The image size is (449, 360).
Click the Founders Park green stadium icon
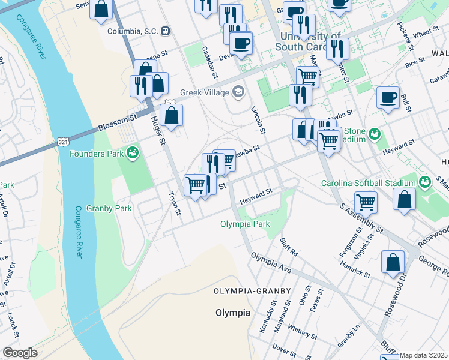[133, 154]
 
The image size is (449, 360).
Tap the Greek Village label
[206, 92]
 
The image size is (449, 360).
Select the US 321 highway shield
[63, 142]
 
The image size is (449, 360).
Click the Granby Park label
[92, 209]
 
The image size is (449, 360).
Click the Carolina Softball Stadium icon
[425, 181]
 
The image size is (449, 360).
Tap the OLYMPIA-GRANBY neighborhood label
[252, 291]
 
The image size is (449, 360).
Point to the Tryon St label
[175, 203]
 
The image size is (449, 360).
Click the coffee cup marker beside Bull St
[388, 97]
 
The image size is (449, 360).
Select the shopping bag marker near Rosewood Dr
[393, 262]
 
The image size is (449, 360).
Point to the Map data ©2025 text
[423, 355]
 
